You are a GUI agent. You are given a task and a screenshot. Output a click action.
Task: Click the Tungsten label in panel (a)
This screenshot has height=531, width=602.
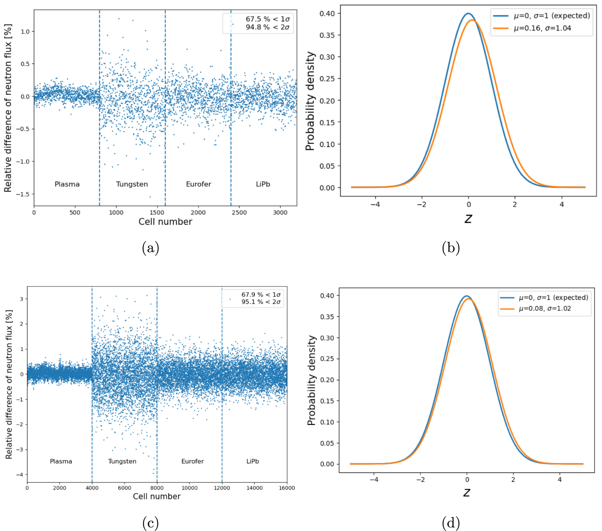point(132,184)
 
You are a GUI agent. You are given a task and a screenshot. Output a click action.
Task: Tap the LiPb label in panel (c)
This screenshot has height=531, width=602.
point(252,461)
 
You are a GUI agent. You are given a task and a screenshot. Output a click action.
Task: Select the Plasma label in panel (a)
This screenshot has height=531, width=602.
point(67,184)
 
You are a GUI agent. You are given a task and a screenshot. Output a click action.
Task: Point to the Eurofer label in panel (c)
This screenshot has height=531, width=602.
point(192,461)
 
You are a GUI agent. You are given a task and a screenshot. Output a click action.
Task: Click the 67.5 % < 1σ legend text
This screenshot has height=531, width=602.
point(268,19)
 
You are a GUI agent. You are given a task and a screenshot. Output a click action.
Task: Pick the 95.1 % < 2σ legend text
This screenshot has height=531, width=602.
point(261,302)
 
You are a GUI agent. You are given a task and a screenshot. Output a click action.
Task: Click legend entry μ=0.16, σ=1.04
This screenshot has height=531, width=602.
point(542,28)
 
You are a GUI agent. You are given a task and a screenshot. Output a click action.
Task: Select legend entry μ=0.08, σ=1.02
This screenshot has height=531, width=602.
point(544,309)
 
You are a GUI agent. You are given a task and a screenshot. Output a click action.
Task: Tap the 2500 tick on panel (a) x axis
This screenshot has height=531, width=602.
point(239,213)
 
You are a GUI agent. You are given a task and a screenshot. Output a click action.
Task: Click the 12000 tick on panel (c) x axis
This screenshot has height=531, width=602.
point(222,488)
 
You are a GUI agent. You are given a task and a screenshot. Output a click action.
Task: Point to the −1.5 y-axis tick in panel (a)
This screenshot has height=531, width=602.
point(25,194)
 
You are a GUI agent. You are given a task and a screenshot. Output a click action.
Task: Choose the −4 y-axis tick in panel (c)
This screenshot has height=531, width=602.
point(20,475)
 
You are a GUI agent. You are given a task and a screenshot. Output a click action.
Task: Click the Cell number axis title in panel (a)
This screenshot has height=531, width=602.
point(165,222)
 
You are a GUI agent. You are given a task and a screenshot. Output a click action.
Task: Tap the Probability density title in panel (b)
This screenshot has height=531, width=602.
point(310,101)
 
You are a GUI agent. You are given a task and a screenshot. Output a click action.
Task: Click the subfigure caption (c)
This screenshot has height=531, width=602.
point(150,523)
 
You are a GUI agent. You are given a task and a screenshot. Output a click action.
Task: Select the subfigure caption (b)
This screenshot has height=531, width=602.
point(451,248)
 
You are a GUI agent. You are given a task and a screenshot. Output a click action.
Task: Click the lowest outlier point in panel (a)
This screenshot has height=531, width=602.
point(150,197)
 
